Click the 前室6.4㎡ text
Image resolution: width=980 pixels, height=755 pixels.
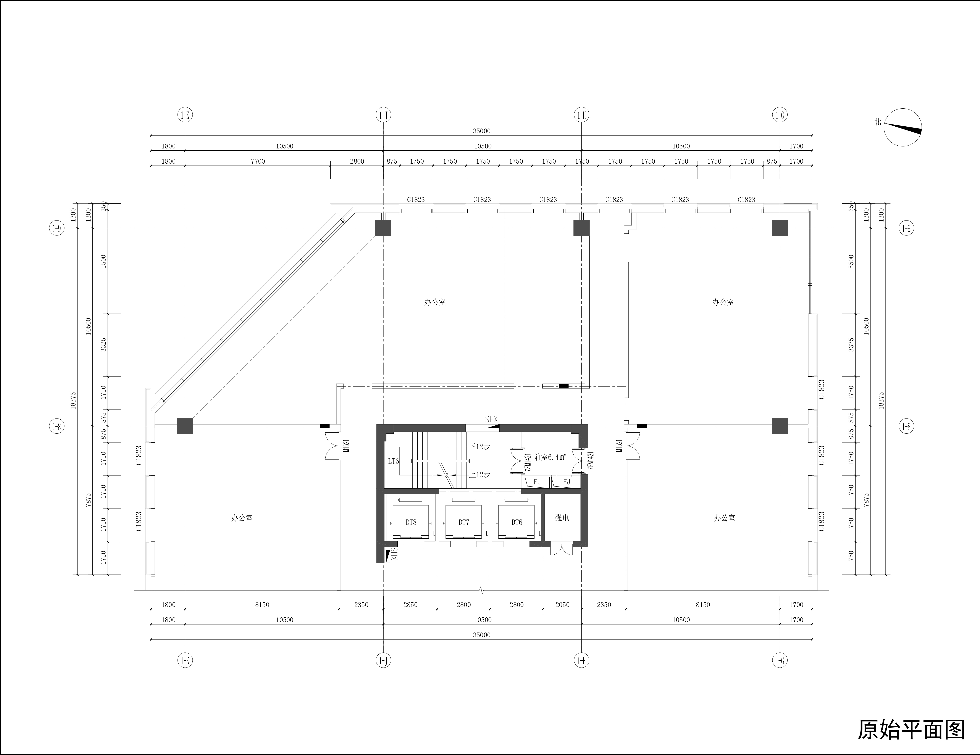point(550,457)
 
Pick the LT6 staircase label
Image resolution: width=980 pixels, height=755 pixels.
point(394,461)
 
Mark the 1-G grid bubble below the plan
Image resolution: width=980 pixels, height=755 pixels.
point(780,660)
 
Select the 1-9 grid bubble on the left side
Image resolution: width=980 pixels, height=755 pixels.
point(57,228)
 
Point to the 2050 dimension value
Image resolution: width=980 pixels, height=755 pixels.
point(562,605)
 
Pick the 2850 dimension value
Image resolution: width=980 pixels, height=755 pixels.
point(410,605)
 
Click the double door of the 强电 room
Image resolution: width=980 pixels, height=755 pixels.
point(562,550)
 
